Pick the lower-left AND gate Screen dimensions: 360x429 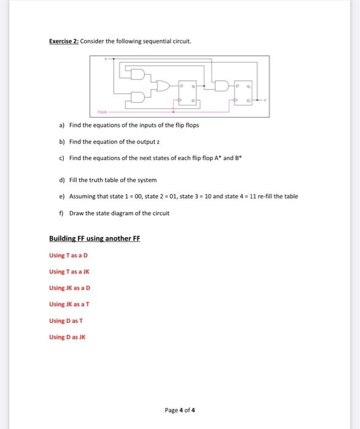138,96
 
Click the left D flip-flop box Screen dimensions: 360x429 188,92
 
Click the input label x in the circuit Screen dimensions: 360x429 106,59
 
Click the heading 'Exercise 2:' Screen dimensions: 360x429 64,41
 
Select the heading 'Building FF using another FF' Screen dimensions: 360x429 94,238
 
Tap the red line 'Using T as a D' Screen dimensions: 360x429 69,255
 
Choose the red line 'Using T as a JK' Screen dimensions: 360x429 70,271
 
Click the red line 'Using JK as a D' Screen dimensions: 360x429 70,288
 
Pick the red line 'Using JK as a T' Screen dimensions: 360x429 70,305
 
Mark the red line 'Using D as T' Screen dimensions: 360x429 67,321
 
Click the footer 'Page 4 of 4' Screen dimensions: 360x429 180,410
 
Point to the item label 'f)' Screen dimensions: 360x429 61,213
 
